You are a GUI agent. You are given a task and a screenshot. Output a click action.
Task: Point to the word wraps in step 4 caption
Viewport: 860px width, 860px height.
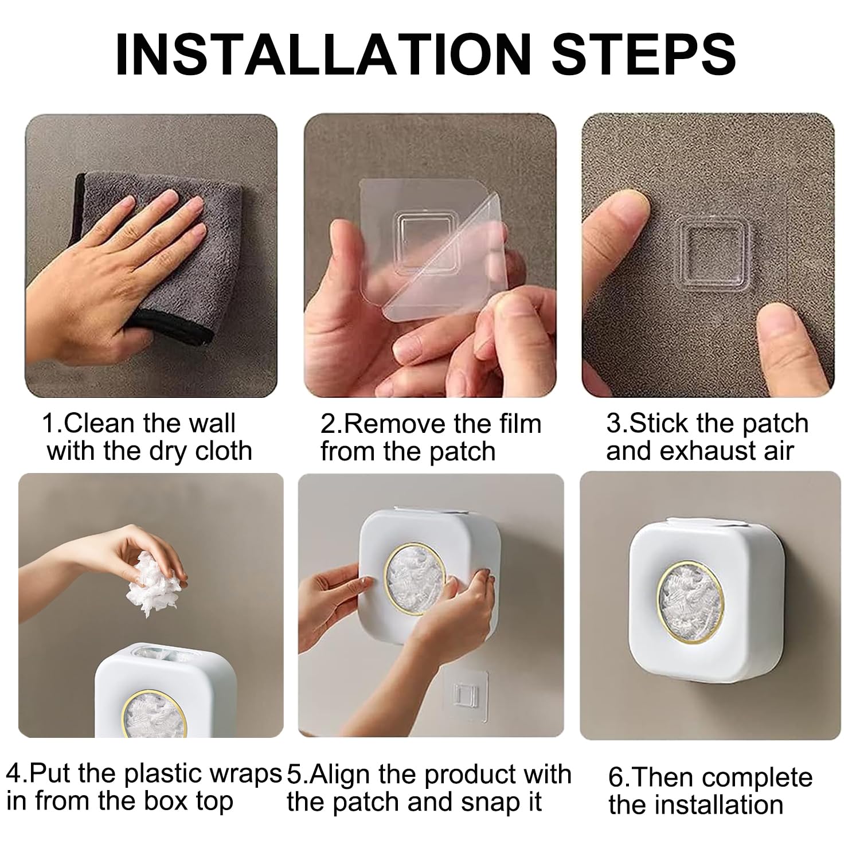[249, 775]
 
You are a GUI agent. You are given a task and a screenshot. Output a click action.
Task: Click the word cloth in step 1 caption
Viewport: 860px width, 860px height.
[224, 452]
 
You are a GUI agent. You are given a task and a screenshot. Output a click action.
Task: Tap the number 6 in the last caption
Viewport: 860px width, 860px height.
[616, 779]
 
